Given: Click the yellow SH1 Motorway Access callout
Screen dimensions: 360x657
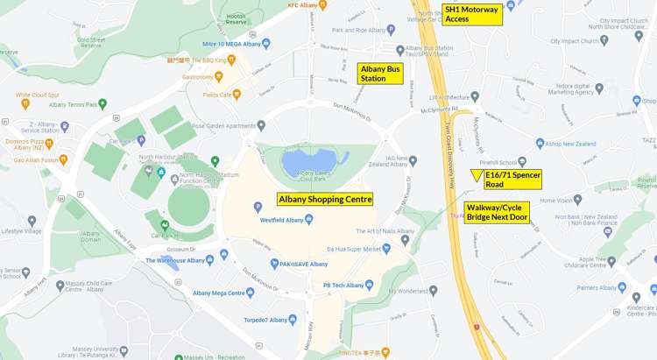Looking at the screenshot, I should point(472,14).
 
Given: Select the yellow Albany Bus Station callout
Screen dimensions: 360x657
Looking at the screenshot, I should point(381,74).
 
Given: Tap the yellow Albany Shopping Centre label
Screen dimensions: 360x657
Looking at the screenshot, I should point(325,199).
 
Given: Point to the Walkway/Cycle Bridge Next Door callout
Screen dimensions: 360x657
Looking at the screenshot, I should point(497,212).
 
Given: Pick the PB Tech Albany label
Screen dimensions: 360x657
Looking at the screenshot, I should point(343,285).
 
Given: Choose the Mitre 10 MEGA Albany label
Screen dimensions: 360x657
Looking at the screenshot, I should point(231,44).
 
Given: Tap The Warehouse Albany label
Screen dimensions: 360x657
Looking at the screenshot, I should point(180,260).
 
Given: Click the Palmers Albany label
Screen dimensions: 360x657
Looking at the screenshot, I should point(596,287).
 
